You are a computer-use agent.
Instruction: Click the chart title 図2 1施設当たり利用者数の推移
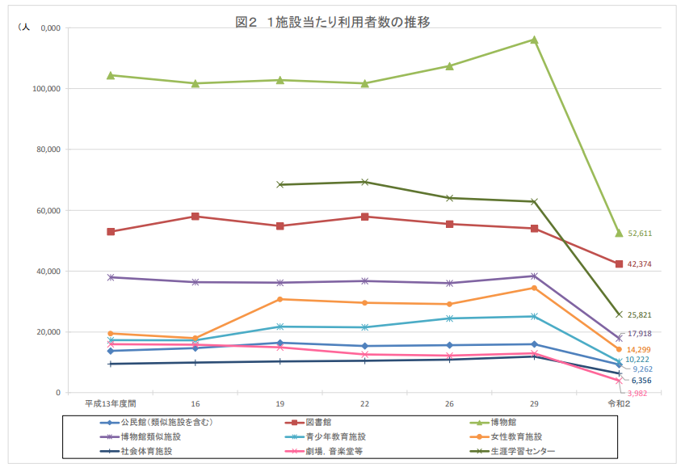point(332,23)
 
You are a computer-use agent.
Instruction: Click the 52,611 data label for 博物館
point(640,234)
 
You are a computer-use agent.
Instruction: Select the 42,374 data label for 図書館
point(640,264)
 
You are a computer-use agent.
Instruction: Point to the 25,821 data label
point(640,314)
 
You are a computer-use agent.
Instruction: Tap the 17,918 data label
point(640,333)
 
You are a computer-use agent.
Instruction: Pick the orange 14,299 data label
point(640,349)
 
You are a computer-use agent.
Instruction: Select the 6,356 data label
point(640,380)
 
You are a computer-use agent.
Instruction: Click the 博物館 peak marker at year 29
point(534,40)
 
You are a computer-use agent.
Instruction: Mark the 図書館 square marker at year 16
point(195,217)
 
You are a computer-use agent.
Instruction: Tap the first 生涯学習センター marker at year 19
point(280,184)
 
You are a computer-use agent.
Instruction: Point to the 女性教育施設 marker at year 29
point(534,288)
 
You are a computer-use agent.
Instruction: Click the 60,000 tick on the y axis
point(51,211)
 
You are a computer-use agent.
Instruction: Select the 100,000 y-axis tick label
point(49,89)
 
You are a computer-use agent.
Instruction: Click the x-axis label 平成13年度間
point(111,403)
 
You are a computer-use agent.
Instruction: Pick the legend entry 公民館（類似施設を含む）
point(166,422)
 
